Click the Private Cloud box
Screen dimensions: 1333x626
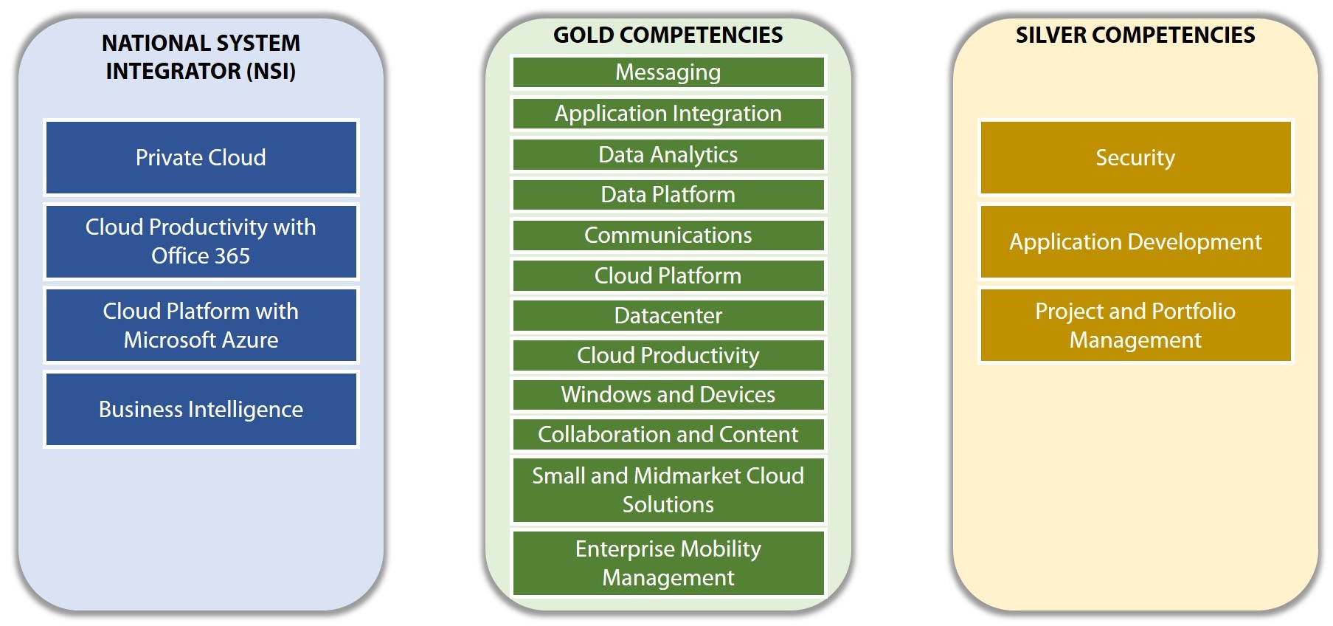(201, 158)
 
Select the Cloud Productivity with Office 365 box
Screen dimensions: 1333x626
(201, 241)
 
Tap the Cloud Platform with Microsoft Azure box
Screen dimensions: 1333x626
(201, 326)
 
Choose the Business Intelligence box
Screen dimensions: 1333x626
(201, 410)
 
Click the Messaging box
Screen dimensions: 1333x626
(668, 72)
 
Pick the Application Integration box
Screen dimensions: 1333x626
(668, 114)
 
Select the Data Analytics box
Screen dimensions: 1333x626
(668, 155)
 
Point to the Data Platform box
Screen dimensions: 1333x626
(668, 195)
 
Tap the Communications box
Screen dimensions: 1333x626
(668, 235)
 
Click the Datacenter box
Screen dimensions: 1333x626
(668, 316)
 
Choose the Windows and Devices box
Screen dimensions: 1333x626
(668, 395)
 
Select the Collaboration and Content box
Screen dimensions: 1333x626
(668, 435)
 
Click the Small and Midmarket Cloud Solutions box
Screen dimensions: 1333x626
(668, 490)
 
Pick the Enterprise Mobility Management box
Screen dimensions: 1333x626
(668, 563)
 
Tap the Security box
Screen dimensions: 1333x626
(1135, 158)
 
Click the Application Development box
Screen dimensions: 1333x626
(1135, 241)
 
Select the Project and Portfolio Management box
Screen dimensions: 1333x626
(1135, 326)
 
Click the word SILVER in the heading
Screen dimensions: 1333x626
(1050, 35)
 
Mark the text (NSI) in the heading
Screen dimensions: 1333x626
(271, 71)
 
